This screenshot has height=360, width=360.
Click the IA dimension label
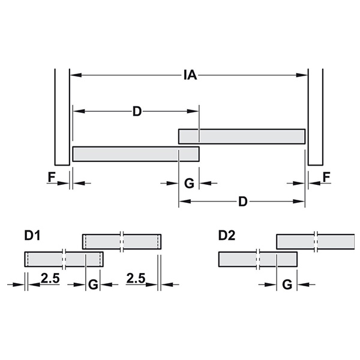[x=190, y=75]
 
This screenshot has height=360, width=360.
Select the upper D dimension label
[x=137, y=112]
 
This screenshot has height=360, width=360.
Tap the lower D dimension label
[x=243, y=202]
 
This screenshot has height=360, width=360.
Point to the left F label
[x=52, y=177]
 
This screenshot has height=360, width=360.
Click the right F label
[x=326, y=177]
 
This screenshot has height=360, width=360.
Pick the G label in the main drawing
[x=189, y=184]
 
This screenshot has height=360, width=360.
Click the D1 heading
[x=32, y=236]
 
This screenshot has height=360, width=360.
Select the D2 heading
[x=227, y=236]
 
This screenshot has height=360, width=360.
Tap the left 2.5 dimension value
[x=50, y=278]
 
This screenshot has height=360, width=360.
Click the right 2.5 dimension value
[x=136, y=278]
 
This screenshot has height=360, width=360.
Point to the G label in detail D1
[x=93, y=285]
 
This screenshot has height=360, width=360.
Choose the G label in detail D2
[x=287, y=285]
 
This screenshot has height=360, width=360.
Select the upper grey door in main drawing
[x=242, y=137]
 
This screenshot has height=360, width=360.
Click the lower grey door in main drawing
[x=136, y=154]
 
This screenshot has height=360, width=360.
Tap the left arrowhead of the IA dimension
[x=76, y=75]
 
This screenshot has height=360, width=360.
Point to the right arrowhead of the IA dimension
[x=302, y=75]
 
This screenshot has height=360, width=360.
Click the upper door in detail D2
[x=316, y=242]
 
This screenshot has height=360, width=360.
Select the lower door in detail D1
[x=64, y=259]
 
